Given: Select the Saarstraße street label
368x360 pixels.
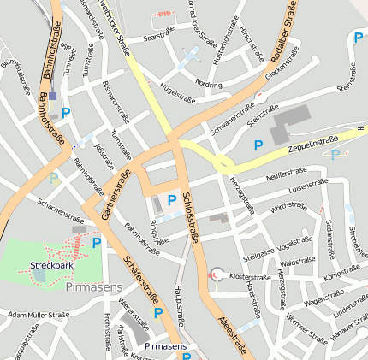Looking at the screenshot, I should (159, 38).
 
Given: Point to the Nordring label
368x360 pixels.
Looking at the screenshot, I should (208, 85).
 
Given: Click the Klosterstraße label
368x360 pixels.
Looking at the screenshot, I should (251, 278).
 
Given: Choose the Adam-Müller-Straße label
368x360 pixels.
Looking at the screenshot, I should (39, 315).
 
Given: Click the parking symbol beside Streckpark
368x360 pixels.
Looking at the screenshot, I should (96, 244).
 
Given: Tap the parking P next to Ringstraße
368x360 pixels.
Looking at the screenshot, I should (172, 200).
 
